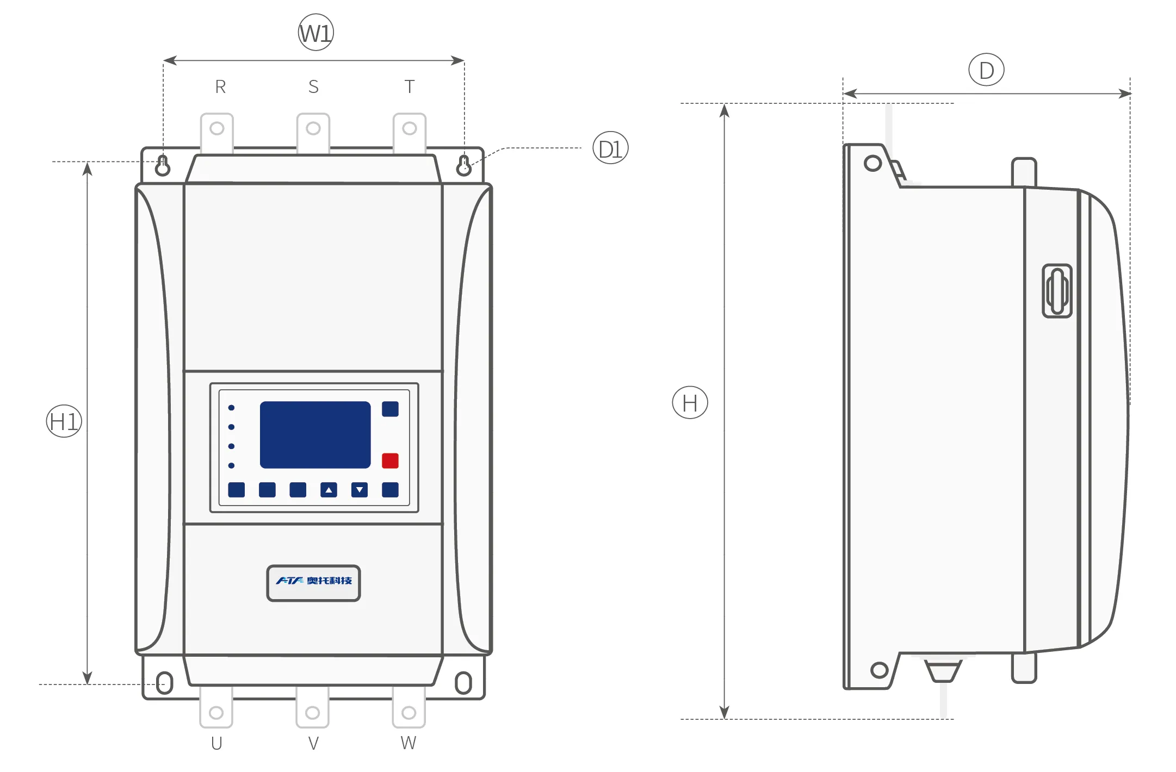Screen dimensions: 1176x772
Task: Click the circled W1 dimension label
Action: [316, 33]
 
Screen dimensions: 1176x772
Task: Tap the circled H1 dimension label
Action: [64, 421]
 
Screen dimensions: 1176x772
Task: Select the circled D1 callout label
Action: [610, 148]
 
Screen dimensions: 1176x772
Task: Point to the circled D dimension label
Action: [986, 70]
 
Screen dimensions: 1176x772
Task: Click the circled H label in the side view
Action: [690, 403]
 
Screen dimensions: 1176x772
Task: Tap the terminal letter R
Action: [220, 87]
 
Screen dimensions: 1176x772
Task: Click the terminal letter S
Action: [313, 87]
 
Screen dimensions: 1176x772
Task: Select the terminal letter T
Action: [410, 87]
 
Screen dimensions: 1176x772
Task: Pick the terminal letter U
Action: [216, 743]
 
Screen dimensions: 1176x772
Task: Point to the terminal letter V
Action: [313, 743]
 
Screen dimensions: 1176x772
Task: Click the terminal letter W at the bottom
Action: [408, 743]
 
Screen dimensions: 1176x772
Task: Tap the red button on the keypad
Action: [390, 460]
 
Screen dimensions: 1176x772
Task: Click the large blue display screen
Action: [315, 435]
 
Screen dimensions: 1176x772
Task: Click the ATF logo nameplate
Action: [313, 583]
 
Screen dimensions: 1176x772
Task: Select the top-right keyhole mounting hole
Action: [463, 165]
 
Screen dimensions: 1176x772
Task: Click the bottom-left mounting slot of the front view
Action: [165, 683]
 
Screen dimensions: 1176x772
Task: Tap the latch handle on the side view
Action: [1057, 291]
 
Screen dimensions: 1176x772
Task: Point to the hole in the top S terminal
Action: [313, 128]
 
